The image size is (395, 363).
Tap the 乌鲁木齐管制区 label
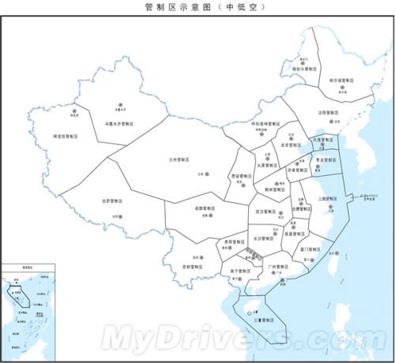coord(121,123)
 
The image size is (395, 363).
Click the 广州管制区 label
coord(282,268)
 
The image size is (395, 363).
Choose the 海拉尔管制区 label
coord(305,69)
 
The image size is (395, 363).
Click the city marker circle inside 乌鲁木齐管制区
coord(122,104)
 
